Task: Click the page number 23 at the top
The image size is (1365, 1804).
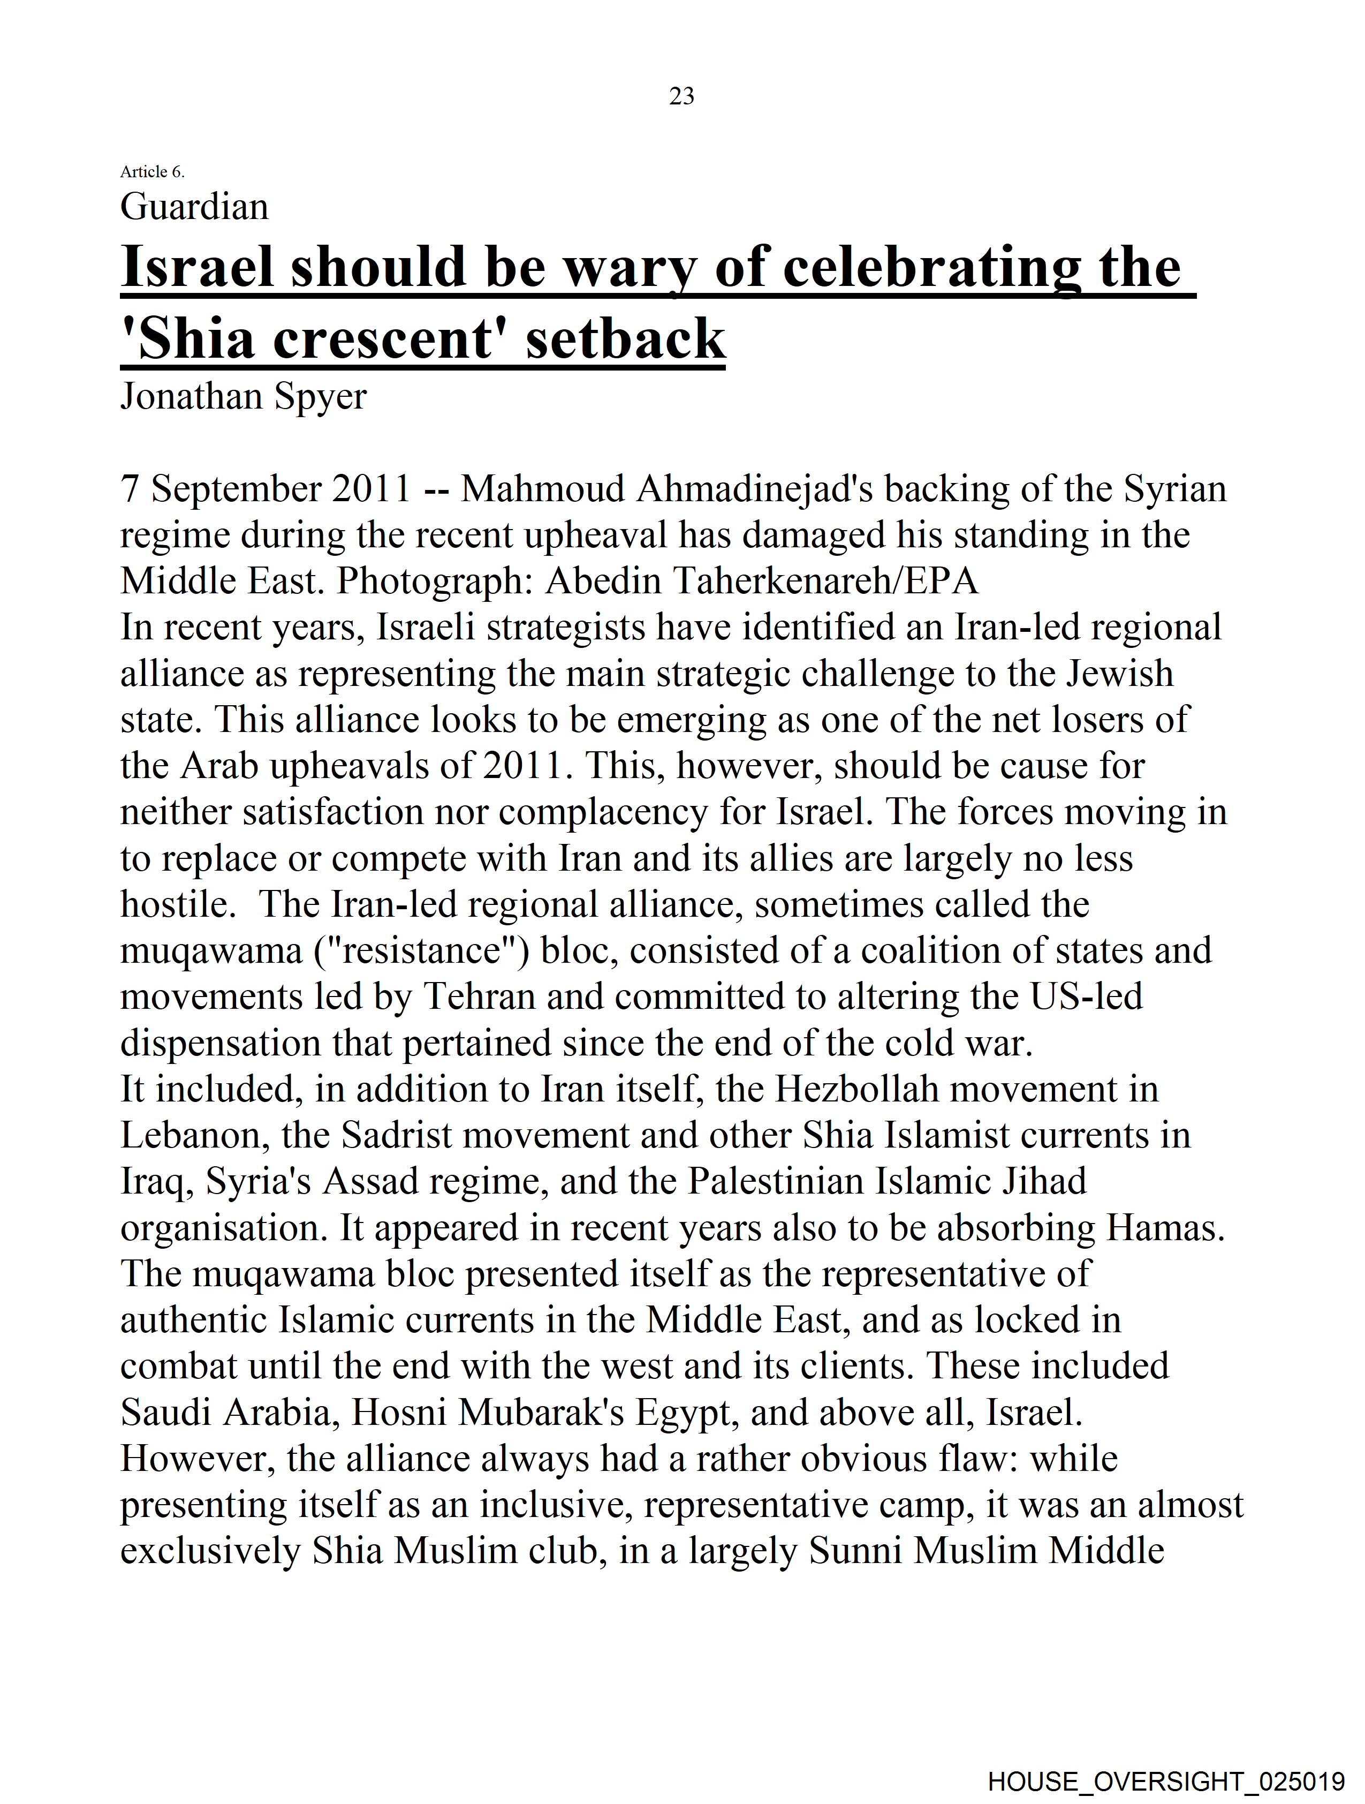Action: coord(681,96)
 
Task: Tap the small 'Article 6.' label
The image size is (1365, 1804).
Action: coord(153,171)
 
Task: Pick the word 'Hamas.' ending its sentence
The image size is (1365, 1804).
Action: coord(1164,1228)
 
